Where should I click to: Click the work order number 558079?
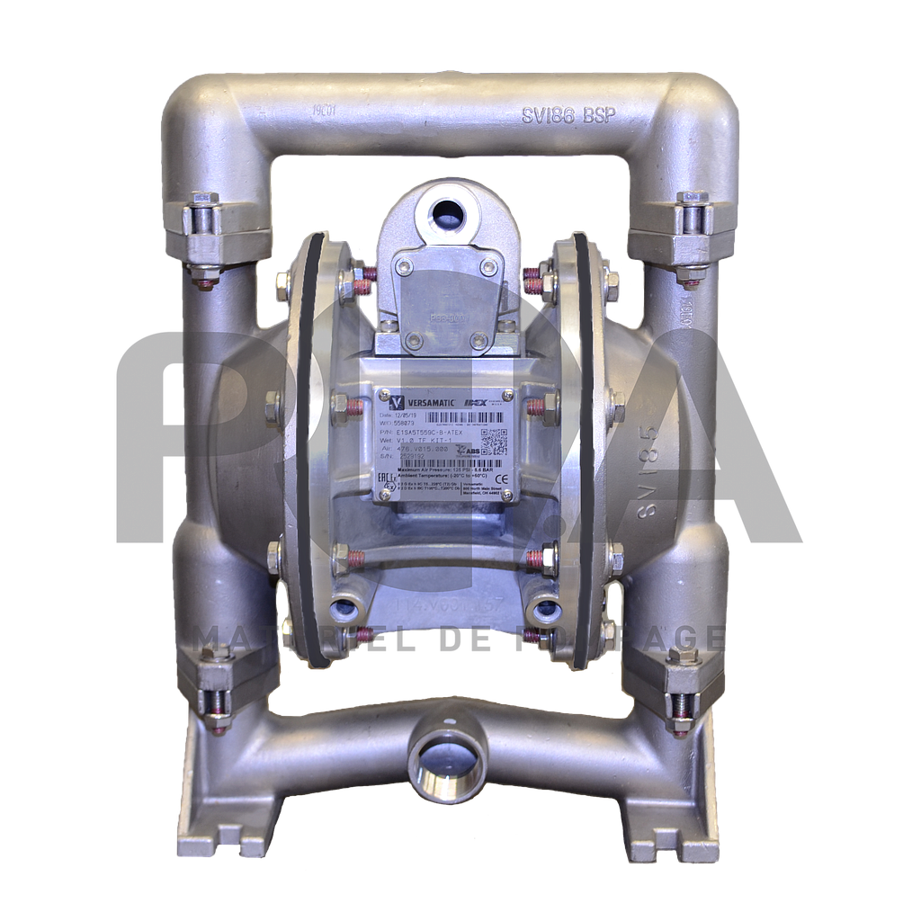407,423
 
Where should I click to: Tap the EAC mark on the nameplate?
385,478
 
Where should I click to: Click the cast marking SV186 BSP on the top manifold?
579,114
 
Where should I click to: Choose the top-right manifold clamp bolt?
692,231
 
